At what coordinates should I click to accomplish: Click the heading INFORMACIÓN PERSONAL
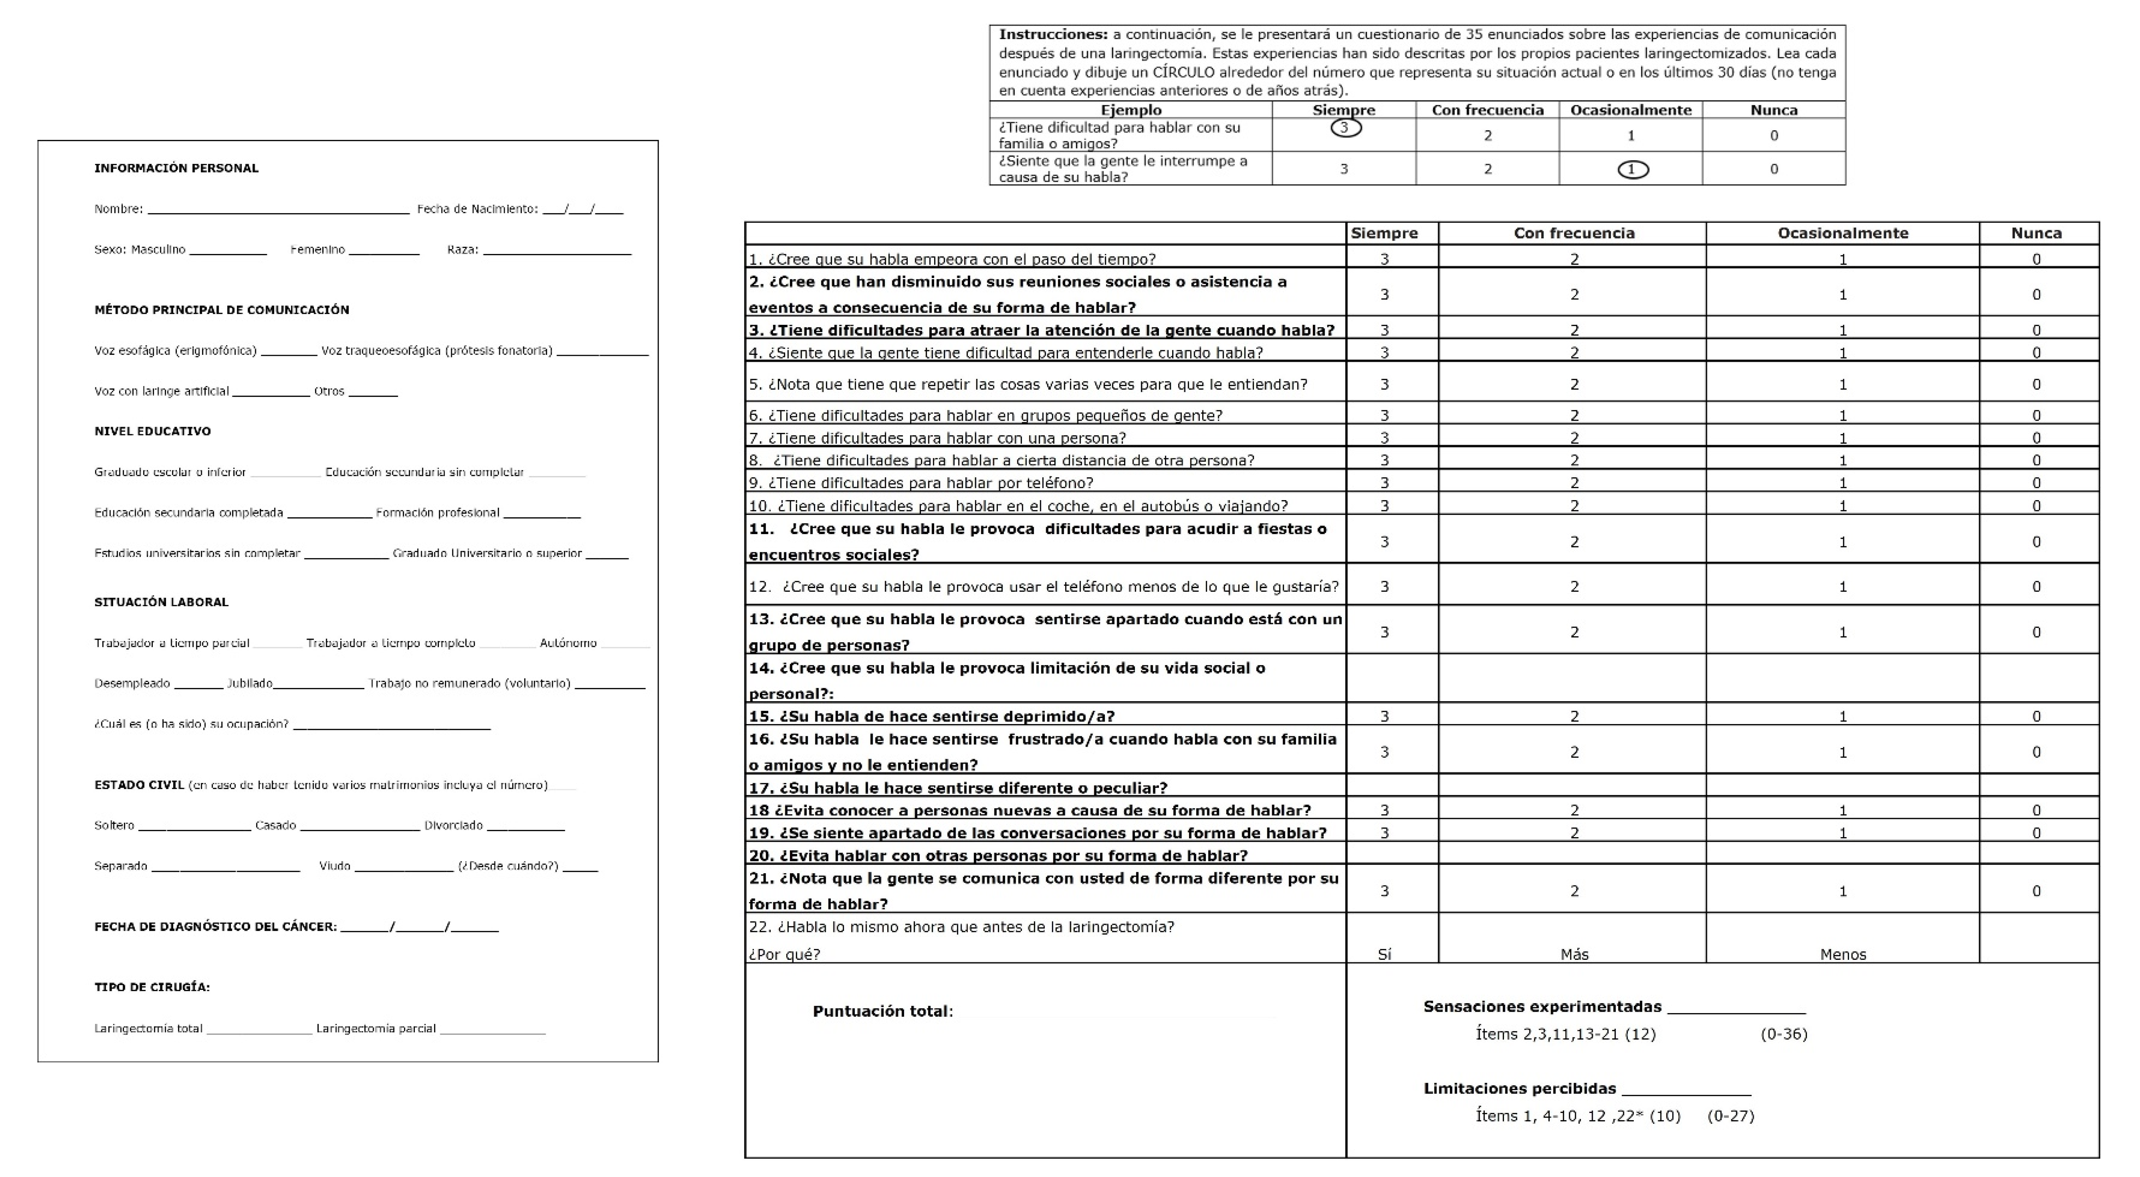[176, 168]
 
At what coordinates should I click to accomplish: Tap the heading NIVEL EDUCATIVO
[152, 431]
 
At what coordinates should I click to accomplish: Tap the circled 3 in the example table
[1345, 128]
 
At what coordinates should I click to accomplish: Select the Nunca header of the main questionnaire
[2036, 233]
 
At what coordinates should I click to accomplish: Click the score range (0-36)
[1784, 1034]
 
